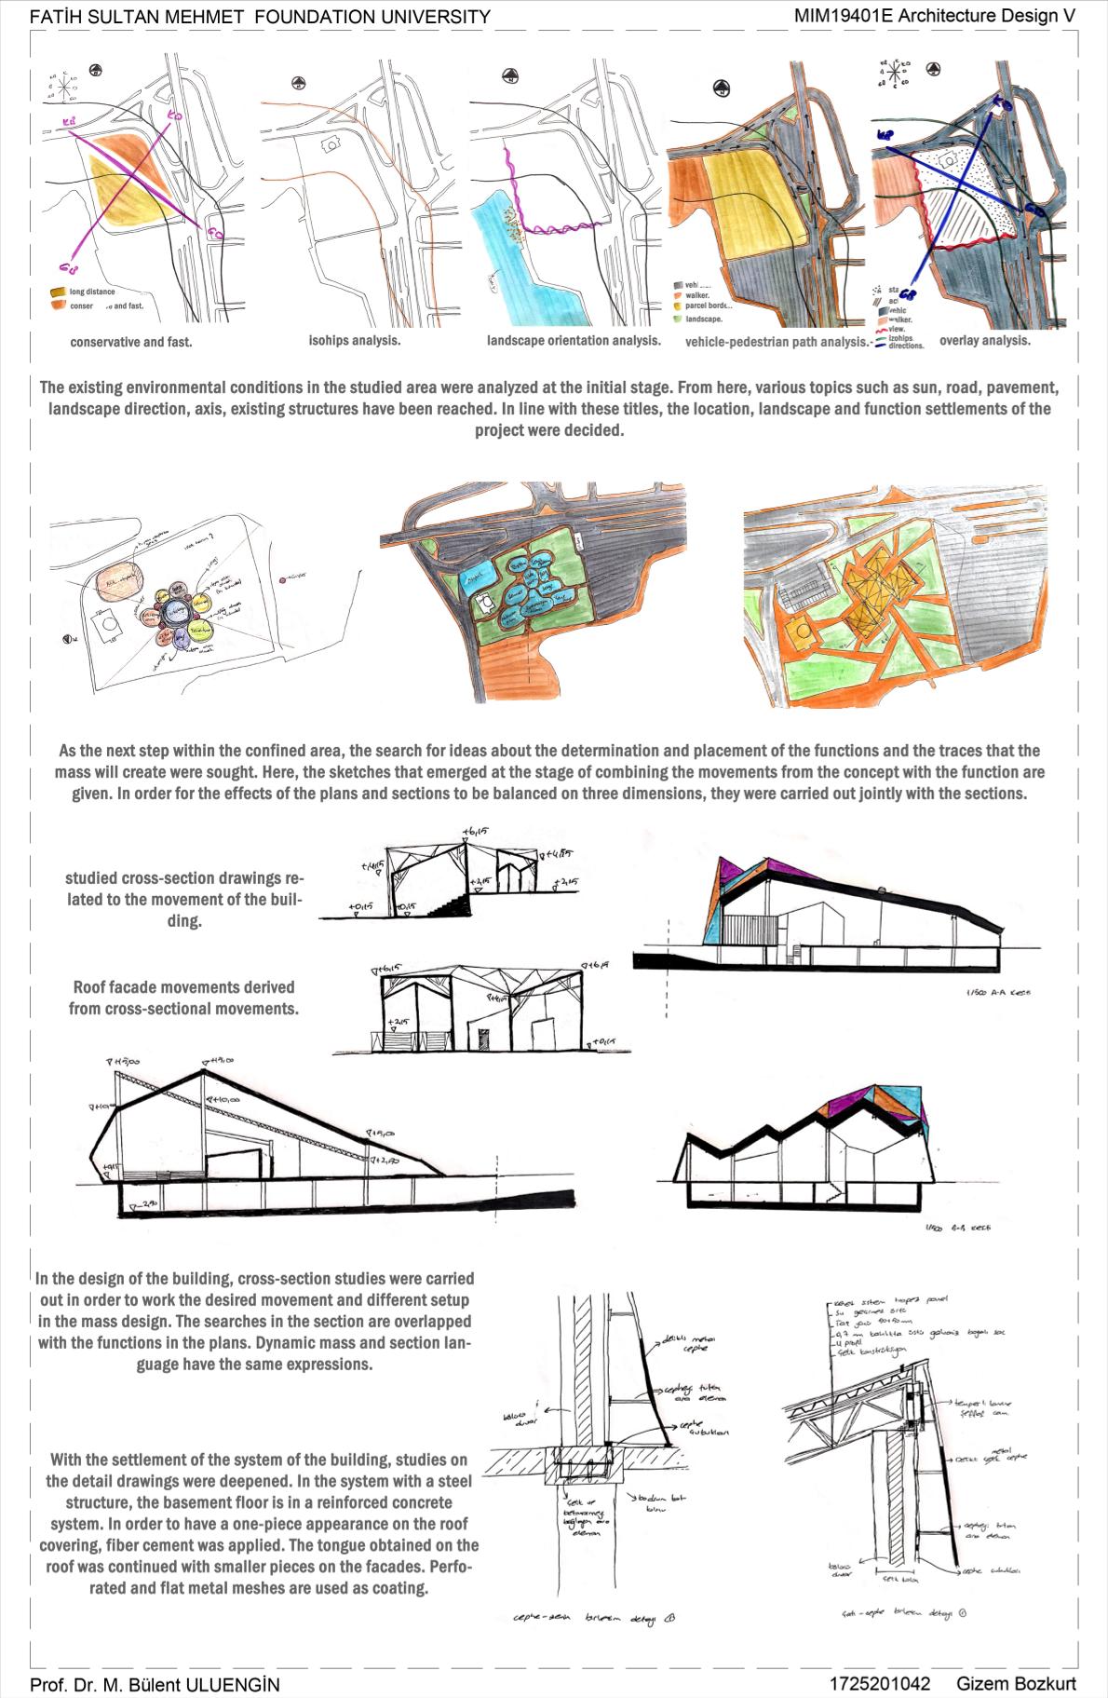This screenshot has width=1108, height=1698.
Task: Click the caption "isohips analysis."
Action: coord(355,341)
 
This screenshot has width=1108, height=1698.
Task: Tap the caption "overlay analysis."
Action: coord(984,341)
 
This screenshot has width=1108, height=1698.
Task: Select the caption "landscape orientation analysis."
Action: coord(573,341)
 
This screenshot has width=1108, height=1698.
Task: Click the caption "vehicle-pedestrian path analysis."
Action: coord(776,342)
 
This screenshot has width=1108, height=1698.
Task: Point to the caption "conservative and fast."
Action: coord(131,342)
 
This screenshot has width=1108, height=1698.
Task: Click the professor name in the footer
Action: coord(155,1684)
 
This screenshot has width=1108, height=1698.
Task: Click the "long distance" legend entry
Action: coord(92,292)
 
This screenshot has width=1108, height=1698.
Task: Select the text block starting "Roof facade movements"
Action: coord(183,997)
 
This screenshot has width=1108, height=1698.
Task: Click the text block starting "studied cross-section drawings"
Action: coord(184,900)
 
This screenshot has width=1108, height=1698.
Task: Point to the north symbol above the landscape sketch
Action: coord(508,76)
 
